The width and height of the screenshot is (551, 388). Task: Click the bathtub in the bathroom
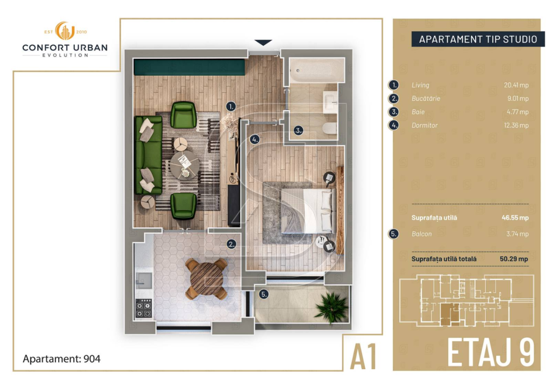pyautogui.click(x=316, y=71)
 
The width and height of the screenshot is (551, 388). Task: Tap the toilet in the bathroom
pyautogui.click(x=329, y=128)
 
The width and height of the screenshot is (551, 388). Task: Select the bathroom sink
pyautogui.click(x=330, y=102)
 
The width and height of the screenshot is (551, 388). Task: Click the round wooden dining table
pyautogui.click(x=206, y=278)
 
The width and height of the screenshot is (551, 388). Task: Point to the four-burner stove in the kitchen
pyautogui.click(x=144, y=308)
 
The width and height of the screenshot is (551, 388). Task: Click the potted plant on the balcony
pyautogui.click(x=331, y=307)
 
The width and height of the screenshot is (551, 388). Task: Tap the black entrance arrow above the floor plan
pyautogui.click(x=263, y=43)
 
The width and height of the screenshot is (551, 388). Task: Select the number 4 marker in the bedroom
pyautogui.click(x=255, y=139)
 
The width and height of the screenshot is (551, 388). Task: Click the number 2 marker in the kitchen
pyautogui.click(x=231, y=244)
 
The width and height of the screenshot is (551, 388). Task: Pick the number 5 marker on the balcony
pyautogui.click(x=264, y=294)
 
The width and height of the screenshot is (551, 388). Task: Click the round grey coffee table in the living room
pyautogui.click(x=185, y=165)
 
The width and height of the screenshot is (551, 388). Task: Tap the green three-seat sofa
pyautogui.click(x=149, y=155)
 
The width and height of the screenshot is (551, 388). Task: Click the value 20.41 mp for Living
pyautogui.click(x=516, y=85)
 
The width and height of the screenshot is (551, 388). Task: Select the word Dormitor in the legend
pyautogui.click(x=425, y=125)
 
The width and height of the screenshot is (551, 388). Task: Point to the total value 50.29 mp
pyautogui.click(x=514, y=259)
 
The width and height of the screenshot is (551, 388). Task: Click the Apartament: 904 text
pyautogui.click(x=61, y=359)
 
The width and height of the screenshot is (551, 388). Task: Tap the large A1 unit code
pyautogui.click(x=363, y=356)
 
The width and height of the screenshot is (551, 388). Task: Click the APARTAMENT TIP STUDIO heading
pyautogui.click(x=478, y=39)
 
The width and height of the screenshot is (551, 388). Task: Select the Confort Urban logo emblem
pyautogui.click(x=65, y=31)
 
